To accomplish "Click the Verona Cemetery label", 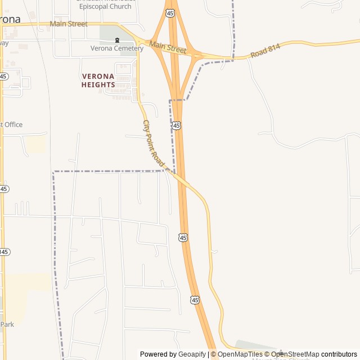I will (117, 48).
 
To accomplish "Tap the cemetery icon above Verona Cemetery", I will (117, 40).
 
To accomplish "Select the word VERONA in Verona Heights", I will (98, 76).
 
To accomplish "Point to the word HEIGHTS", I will (98, 85).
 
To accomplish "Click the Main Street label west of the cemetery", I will (69, 24).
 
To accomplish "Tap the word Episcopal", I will (96, 6).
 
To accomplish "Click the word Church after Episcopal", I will (120, 6).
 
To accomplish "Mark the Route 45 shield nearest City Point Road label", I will (177, 125).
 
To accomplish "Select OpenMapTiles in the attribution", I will (240, 354).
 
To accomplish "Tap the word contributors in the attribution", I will (339, 354).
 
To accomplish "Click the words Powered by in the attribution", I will (158, 354).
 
